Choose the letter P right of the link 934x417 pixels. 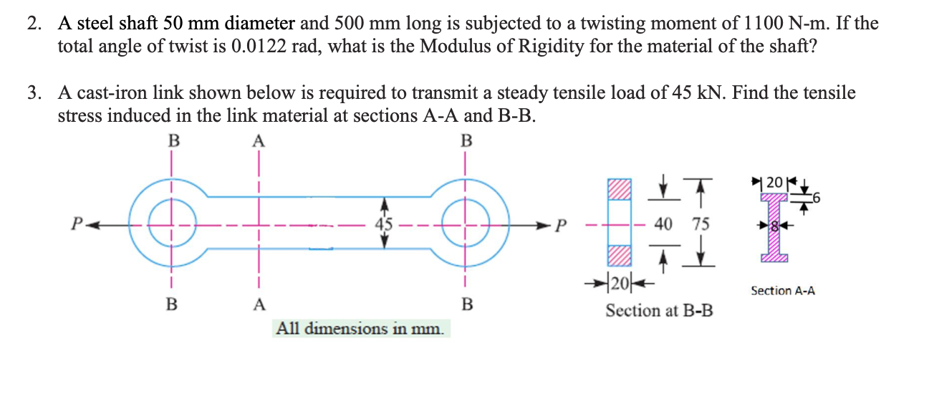[562, 224]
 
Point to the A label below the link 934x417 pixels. [258, 304]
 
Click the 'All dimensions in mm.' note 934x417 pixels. [361, 329]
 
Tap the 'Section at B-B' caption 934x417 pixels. [659, 311]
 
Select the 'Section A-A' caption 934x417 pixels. [782, 290]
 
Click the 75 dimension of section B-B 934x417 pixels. [700, 224]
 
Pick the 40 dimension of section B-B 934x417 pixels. [663, 224]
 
